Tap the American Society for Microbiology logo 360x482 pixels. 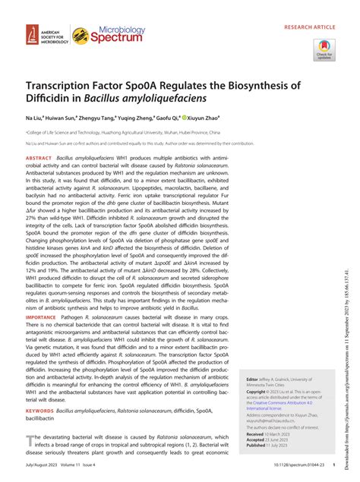42,34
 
